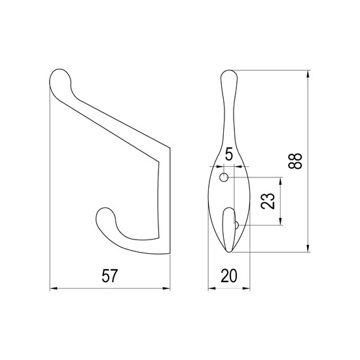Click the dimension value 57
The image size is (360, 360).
tap(109, 276)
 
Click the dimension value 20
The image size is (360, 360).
tap(228, 276)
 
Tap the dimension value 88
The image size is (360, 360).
tap(295, 161)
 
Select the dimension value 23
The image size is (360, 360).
tap(268, 201)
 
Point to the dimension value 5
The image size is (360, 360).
tap(229, 154)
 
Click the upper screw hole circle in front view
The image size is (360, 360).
tap(224, 177)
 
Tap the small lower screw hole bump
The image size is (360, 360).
tap(237, 225)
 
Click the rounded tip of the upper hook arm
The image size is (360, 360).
tap(60, 77)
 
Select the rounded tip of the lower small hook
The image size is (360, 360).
tap(105, 216)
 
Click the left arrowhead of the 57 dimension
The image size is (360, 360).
tap(53, 289)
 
